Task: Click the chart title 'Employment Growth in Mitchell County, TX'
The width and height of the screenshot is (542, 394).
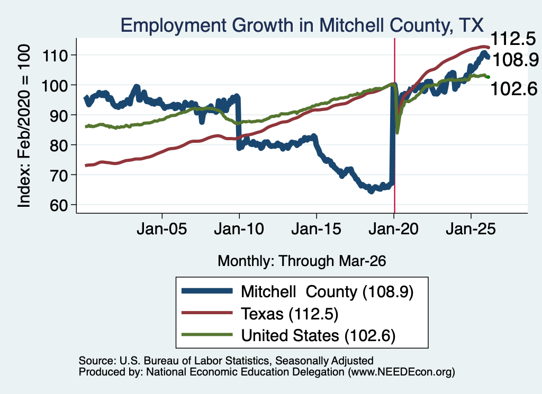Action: coord(302,25)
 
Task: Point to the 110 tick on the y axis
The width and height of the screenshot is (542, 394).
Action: coord(55,55)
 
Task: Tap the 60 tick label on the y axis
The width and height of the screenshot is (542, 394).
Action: coord(59,205)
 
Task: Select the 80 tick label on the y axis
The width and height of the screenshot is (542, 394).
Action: coord(59,145)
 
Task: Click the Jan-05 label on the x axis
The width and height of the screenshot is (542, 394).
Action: coord(162,229)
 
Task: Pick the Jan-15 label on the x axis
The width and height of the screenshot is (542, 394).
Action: coord(317,229)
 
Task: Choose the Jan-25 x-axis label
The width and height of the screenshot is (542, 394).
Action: coord(471,229)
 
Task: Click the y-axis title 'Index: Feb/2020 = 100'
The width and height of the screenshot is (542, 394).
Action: coord(24,126)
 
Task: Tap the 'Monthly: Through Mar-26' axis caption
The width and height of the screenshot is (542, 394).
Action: coord(302,261)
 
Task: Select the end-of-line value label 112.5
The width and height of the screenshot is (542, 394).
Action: coord(513,38)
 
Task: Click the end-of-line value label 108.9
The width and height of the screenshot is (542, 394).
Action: coord(515,60)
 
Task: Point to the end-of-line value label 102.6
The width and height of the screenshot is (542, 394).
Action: coord(514,89)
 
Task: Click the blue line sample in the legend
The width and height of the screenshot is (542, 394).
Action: coord(207,291)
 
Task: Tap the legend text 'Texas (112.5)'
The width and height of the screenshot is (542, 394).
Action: coord(290,314)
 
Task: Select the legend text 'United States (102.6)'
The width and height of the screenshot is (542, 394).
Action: coord(318,335)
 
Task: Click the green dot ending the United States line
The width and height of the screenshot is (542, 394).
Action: coord(488,77)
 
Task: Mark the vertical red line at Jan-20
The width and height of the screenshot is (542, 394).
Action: coord(394,125)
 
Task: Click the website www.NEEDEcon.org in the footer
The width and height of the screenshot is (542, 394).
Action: coord(401,372)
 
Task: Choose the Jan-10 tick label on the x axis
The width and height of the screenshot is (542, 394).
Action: coord(239,229)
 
